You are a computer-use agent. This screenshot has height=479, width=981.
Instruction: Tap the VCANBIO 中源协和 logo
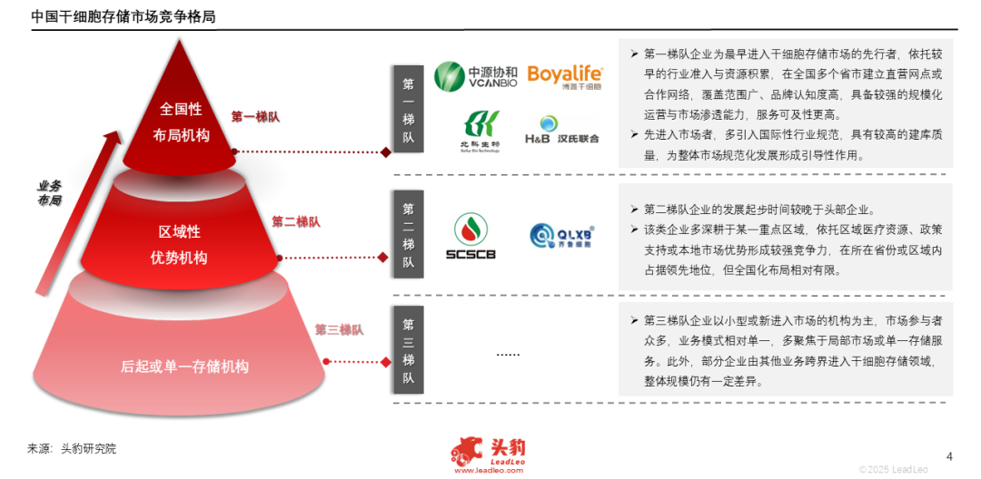coord(475,77)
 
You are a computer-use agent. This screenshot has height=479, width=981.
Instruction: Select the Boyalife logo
coord(565,77)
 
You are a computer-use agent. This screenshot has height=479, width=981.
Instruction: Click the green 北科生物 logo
coord(481,129)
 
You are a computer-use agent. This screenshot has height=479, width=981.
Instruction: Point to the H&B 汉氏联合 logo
coord(562,131)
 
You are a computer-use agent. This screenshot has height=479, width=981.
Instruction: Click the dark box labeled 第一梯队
coord(408,110)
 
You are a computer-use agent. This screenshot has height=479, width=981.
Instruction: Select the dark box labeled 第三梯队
coord(408,351)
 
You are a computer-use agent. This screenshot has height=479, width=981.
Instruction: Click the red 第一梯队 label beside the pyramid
coord(255,116)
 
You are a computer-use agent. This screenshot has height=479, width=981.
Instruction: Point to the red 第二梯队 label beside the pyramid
coord(296,221)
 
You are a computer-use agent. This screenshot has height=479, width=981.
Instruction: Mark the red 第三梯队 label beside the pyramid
coord(339,330)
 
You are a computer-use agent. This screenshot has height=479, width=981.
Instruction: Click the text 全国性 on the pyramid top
coord(181,109)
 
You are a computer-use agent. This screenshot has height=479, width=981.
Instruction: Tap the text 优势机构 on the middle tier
coord(179,258)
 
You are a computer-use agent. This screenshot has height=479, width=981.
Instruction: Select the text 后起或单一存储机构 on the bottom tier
coord(184,367)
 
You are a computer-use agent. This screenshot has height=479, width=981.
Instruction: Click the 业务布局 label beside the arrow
coord(50,192)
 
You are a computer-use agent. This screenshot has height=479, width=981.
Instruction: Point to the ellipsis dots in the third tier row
coord(508,354)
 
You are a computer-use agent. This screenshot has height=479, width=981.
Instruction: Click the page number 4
coord(949,456)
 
